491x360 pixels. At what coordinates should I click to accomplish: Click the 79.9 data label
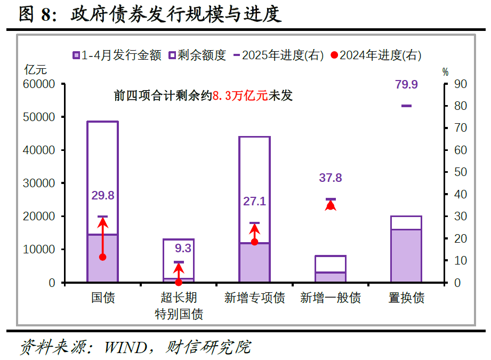pos(406,84)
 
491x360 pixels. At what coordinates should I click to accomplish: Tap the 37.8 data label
pos(331,178)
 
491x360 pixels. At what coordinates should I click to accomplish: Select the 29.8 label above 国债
pos(103,195)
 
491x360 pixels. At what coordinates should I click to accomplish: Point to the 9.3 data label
pos(183,248)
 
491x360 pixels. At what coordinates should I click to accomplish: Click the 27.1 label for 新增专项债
pos(254,202)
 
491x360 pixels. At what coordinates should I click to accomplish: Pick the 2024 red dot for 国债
pos(103,257)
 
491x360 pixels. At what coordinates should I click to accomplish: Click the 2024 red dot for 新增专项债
pos(254,242)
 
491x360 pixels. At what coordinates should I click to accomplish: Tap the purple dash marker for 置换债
pos(406,106)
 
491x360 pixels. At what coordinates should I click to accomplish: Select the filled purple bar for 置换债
pos(406,255)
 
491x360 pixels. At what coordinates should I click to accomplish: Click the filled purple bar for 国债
pos(103,258)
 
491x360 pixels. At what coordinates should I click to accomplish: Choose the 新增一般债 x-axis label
pos(331,298)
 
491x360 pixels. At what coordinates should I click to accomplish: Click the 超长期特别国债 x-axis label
pos(179,306)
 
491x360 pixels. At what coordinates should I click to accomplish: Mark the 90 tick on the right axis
pos(460,84)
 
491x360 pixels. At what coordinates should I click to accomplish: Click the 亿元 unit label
pos(36,69)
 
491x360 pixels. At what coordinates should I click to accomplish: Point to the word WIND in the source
pos(125,348)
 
